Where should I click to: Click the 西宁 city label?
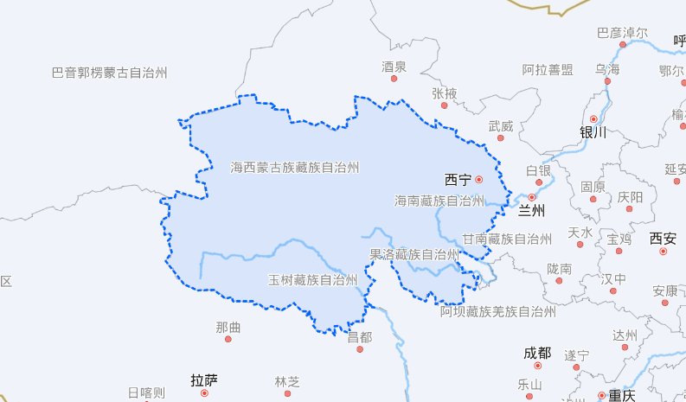coord(457,180)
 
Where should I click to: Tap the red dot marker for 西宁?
coord(478,180)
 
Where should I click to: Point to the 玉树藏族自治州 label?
coord(312,279)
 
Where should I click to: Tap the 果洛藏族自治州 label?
coord(414,254)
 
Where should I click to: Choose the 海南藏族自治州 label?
coord(439,201)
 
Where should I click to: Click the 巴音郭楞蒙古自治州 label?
coord(109,73)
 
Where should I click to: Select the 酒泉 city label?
coord(394,66)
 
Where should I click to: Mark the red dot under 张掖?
coord(445,105)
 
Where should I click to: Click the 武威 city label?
coord(500,126)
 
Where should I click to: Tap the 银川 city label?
coord(593,132)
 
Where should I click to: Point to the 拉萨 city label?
coord(204,380)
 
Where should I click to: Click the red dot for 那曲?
coord(228,339)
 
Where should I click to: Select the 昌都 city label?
coord(359,337)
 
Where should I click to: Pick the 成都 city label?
coord(536,353)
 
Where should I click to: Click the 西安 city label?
coord(664,238)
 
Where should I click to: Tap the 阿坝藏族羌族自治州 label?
coord(497,311)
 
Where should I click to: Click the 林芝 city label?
coord(286,381)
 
